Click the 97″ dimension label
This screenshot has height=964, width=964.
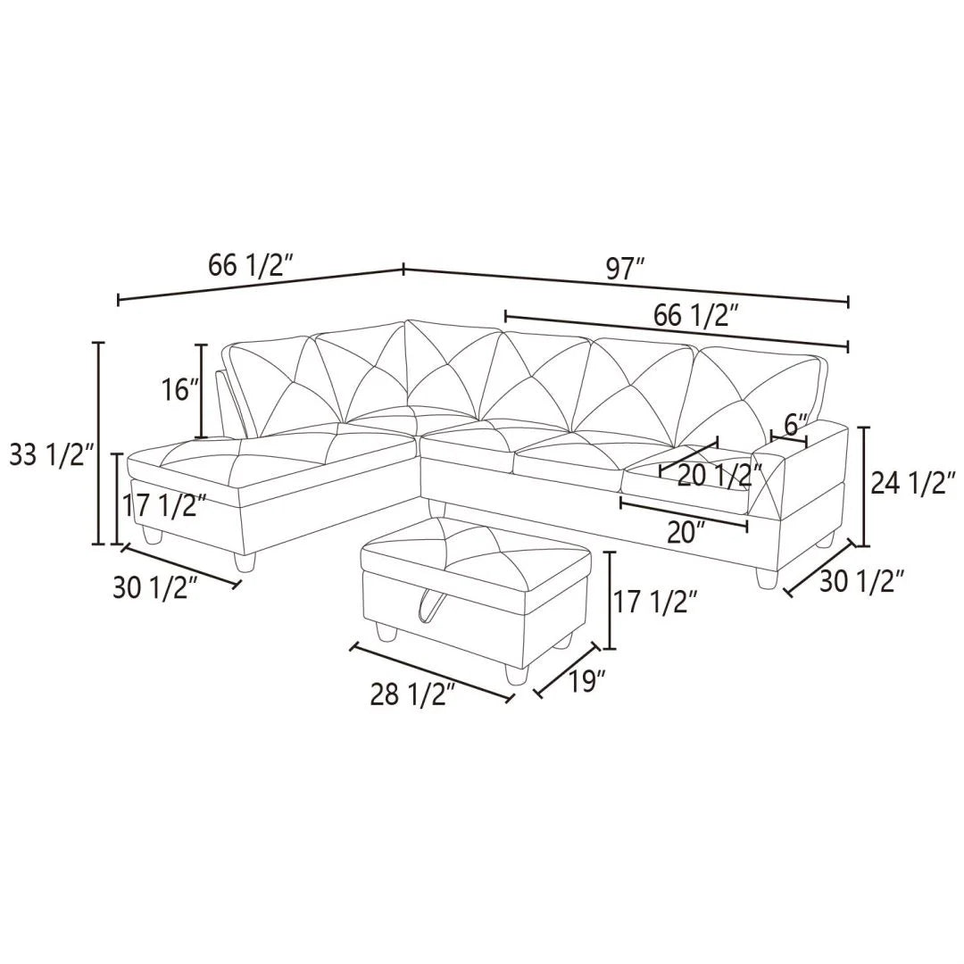[x=625, y=268]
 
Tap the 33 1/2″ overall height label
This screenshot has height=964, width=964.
[x=51, y=456]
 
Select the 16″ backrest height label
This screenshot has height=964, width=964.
[x=179, y=390]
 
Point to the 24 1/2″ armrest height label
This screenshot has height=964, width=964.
[x=909, y=483]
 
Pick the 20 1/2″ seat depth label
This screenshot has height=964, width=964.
[x=719, y=475]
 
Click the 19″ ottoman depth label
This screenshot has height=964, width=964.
[x=587, y=681]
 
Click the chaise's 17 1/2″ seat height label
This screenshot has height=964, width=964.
[x=164, y=506]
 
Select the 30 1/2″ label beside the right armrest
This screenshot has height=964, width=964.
[x=862, y=581]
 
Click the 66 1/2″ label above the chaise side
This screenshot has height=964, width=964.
[x=251, y=264]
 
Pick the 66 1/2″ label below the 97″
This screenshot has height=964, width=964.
[x=696, y=315]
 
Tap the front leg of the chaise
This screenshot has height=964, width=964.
[x=244, y=561]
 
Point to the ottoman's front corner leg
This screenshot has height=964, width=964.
[x=512, y=674]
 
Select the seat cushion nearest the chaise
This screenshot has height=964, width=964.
[x=467, y=444]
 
